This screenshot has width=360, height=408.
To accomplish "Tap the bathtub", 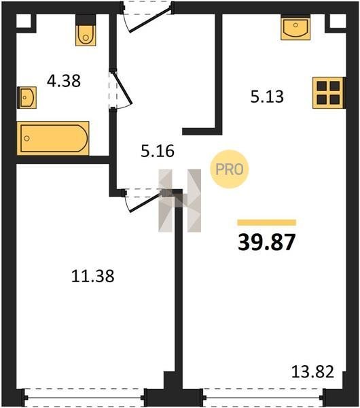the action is (53, 138).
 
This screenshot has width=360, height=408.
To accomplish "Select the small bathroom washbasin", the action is (26, 97).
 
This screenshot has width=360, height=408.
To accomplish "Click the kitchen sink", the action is (295, 28).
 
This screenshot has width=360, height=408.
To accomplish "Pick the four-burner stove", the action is (329, 92).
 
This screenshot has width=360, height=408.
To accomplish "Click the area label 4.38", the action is (64, 81).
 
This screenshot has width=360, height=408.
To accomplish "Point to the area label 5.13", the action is (267, 97).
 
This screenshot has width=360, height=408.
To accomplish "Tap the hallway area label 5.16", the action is (158, 151).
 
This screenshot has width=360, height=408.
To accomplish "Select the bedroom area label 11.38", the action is (93, 276).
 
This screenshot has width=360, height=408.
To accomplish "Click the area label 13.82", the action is (312, 371).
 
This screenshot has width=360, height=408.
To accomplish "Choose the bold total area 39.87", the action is (267, 242).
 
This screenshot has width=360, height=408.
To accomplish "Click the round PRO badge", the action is (230, 169).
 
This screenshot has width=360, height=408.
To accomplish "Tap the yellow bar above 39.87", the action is (267, 222).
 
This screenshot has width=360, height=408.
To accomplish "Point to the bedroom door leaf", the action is (145, 203).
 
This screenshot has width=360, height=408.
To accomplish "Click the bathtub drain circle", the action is (26, 138).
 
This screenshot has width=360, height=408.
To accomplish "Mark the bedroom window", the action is (84, 398).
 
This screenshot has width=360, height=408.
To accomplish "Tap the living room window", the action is (263, 398).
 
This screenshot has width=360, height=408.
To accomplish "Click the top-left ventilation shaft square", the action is (24, 21).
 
